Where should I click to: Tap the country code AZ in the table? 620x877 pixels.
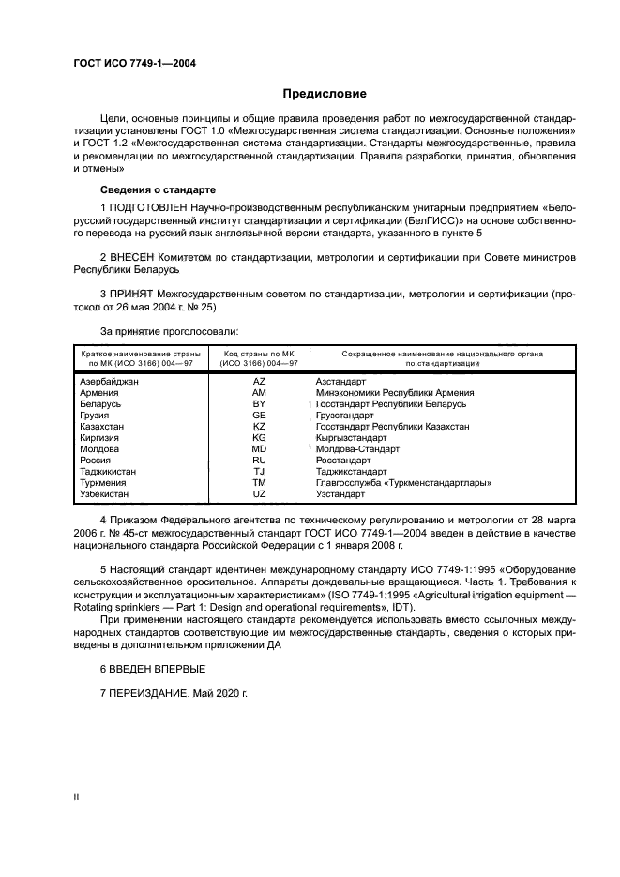click(259, 382)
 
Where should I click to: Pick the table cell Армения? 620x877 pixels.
click(100, 393)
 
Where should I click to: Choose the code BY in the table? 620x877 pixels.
click(259, 404)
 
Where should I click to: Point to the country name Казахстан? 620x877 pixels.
click(104, 427)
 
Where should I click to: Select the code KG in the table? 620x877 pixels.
click(259, 438)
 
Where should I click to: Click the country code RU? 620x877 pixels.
click(259, 461)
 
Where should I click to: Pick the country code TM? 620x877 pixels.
click(259, 483)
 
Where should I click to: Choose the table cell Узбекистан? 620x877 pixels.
click(105, 493)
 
